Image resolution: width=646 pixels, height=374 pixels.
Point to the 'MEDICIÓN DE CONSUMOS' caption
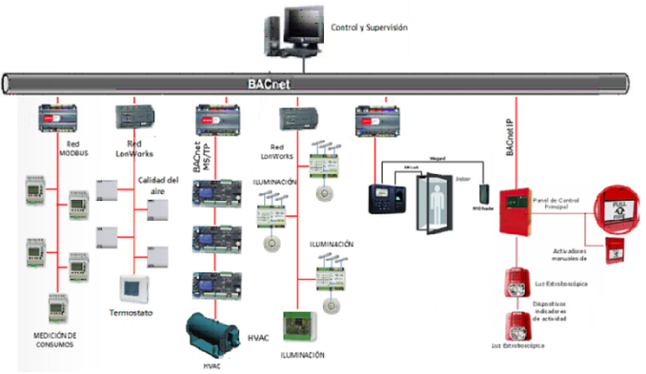tap(56, 340)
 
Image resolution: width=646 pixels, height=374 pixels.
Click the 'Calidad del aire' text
tap(158, 183)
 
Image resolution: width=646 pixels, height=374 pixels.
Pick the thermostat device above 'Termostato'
tap(134, 288)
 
